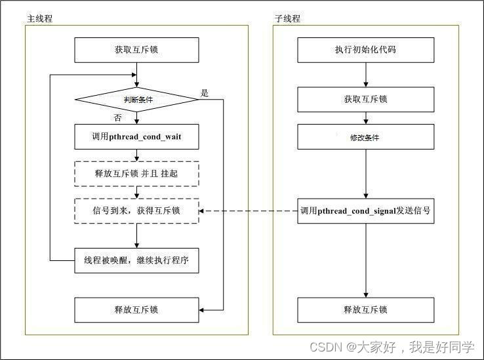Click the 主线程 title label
click(x=39, y=18)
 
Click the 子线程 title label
click(x=287, y=18)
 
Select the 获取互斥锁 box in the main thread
click(x=136, y=50)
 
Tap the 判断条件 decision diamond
click(x=136, y=100)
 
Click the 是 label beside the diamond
click(x=205, y=93)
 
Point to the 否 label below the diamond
click(x=118, y=118)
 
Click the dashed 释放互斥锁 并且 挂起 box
click(x=136, y=174)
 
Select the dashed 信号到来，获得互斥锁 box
click(x=136, y=210)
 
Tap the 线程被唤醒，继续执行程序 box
click(x=136, y=260)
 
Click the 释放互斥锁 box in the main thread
click(x=136, y=310)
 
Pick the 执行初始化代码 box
click(x=365, y=50)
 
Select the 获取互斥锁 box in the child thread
click(x=365, y=100)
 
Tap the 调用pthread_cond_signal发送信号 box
click(x=365, y=210)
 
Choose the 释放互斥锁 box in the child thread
click(x=365, y=310)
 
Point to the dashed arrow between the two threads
click(x=249, y=210)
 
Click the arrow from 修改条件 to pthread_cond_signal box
click(x=365, y=174)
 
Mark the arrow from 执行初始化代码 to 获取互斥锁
click(x=365, y=75)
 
